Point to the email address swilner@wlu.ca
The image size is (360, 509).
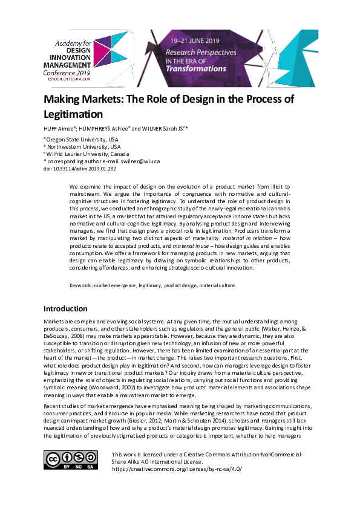[140, 162]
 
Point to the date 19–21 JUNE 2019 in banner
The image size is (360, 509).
[194, 41]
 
